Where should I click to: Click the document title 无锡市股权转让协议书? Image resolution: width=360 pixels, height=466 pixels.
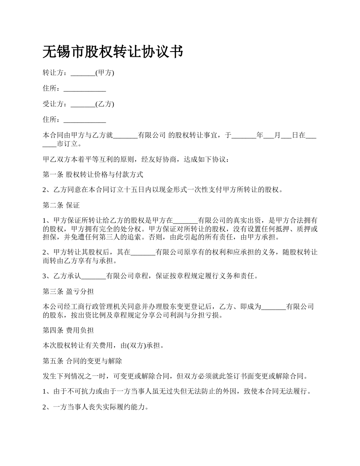pyautogui.click(x=113, y=52)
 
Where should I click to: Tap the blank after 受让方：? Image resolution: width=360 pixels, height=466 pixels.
pyautogui.click(x=83, y=104)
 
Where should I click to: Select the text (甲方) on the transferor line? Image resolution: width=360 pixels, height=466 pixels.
pyautogui.click(x=105, y=73)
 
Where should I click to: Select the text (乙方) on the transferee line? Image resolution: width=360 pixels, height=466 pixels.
pyautogui.click(x=105, y=104)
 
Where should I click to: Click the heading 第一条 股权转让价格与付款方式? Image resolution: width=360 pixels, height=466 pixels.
pyautogui.click(x=93, y=175)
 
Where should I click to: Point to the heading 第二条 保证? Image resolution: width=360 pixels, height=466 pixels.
pyautogui.click(x=61, y=205)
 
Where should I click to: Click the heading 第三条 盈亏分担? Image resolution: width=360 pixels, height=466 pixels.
pyautogui.click(x=68, y=291)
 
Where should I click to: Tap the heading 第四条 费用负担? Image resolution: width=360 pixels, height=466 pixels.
pyautogui.click(x=68, y=330)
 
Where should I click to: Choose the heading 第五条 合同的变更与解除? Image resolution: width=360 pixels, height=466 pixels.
pyautogui.click(x=82, y=361)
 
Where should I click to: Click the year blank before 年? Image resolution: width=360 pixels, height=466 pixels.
pyautogui.click(x=244, y=135)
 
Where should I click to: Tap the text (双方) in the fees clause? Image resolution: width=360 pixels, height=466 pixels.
pyautogui.click(x=134, y=345)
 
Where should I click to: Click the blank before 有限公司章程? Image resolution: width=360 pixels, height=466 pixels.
pyautogui.click(x=94, y=276)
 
